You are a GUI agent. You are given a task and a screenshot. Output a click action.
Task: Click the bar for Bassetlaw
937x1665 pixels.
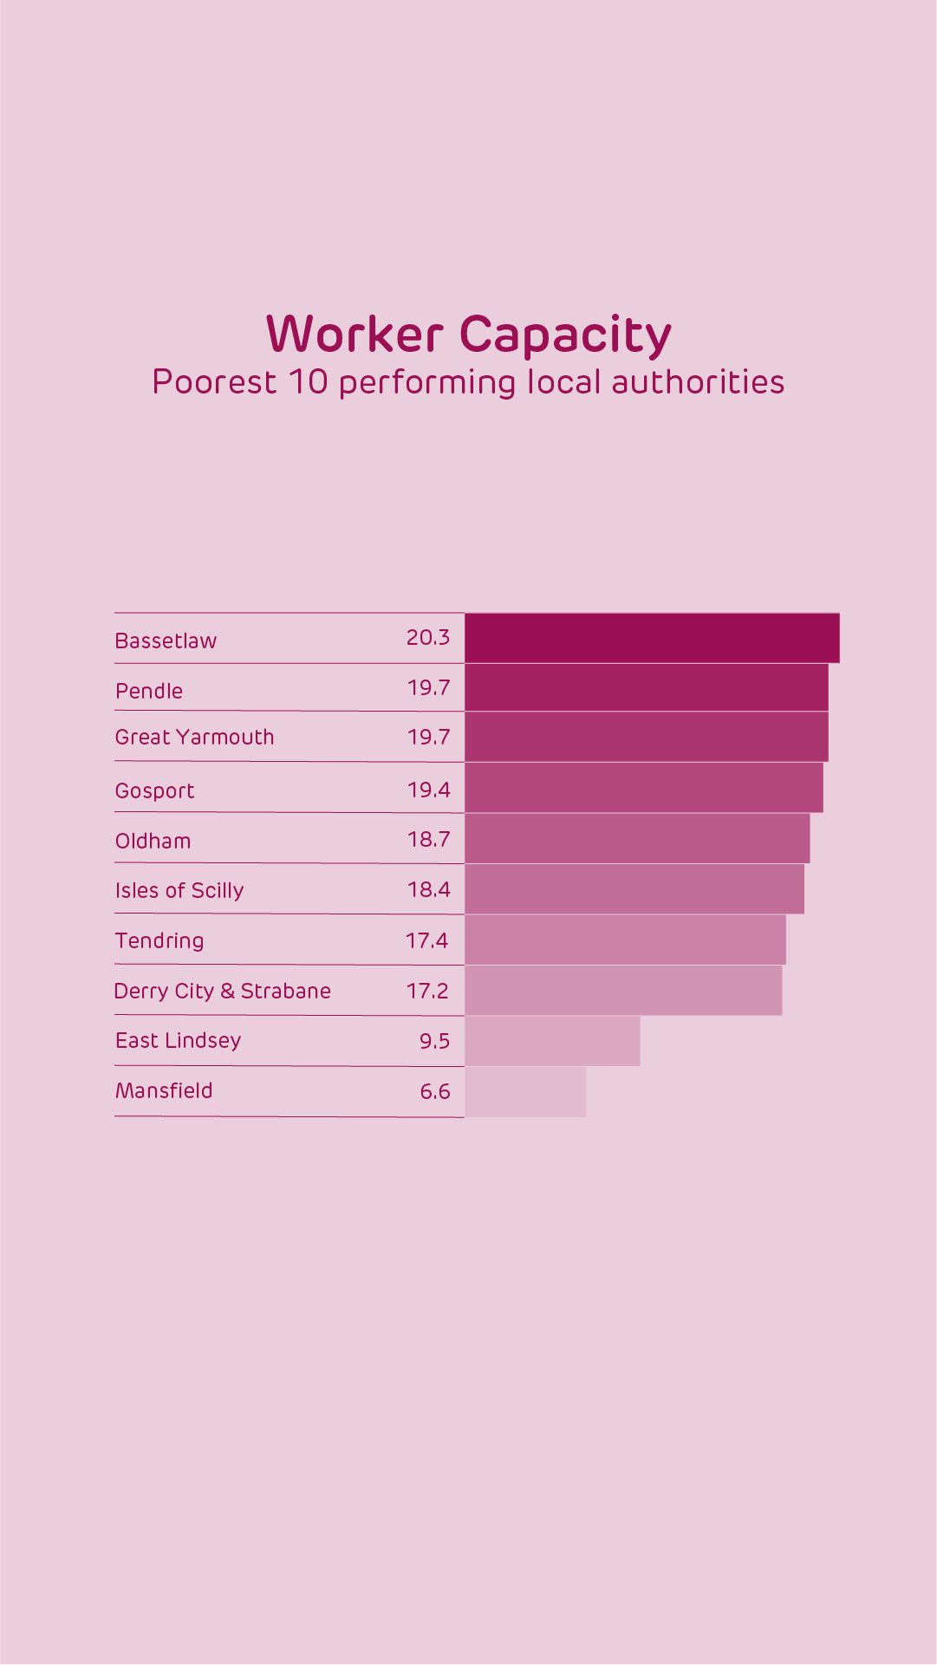652,638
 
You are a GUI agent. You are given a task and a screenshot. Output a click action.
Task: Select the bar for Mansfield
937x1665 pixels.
525,1091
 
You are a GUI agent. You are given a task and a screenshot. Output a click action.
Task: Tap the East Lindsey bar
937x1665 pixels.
552,1041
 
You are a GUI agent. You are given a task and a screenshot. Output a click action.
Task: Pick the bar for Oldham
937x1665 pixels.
637,838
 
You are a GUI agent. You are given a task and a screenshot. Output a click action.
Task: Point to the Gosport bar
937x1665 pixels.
644,788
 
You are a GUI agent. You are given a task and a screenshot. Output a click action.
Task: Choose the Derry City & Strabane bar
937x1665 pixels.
623,991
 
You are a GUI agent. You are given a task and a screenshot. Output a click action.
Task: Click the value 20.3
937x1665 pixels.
428,638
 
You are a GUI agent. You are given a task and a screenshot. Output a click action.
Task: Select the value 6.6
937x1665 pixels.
435,1091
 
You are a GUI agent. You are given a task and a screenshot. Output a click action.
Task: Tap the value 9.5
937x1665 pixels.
435,1041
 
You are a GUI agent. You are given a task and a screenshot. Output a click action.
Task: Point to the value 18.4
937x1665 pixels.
429,889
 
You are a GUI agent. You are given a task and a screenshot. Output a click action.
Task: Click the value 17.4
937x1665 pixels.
427,940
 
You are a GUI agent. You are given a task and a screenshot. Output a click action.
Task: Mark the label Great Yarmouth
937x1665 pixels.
194,738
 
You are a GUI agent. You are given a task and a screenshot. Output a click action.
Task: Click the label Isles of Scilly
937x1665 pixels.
179,891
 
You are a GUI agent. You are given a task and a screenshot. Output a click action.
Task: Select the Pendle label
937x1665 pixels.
149,691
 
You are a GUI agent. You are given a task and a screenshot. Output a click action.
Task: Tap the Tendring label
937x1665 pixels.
159,941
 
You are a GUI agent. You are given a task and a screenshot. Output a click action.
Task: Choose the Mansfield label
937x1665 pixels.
164,1090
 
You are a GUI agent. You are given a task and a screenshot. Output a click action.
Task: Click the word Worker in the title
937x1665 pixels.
355,335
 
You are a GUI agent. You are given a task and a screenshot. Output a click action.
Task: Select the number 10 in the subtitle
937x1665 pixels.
309,382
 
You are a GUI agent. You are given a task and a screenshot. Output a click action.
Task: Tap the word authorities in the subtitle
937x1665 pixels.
698,382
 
